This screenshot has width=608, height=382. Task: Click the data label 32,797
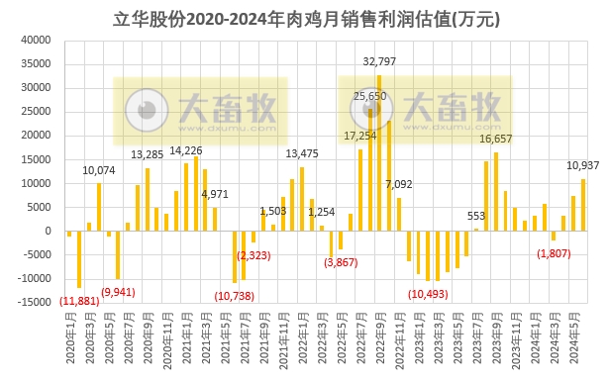pos(381,62)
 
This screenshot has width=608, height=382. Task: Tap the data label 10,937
pos(580,166)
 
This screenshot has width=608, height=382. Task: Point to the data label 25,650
pos(369,96)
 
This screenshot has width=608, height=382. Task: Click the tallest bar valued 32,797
pos(379,152)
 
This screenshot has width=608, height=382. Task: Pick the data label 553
pos(476,217)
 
